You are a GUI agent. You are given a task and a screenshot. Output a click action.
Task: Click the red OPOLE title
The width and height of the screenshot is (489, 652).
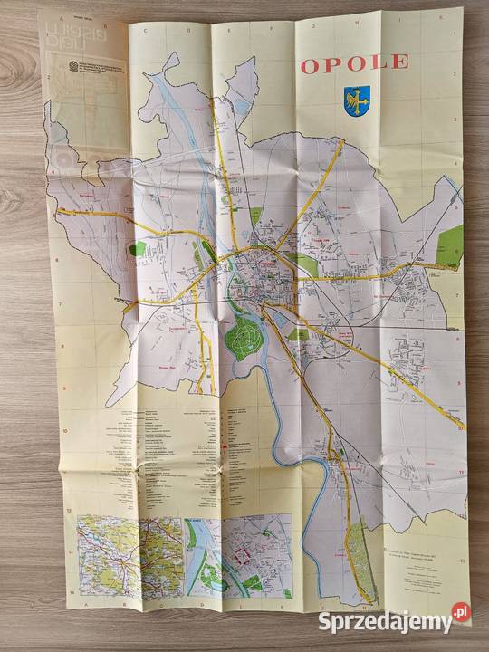point(353,63)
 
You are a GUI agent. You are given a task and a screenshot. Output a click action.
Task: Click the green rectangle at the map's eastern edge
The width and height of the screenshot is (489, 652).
point(450,243)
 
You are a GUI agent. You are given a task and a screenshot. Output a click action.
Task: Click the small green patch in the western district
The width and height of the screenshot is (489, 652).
point(137,248)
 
